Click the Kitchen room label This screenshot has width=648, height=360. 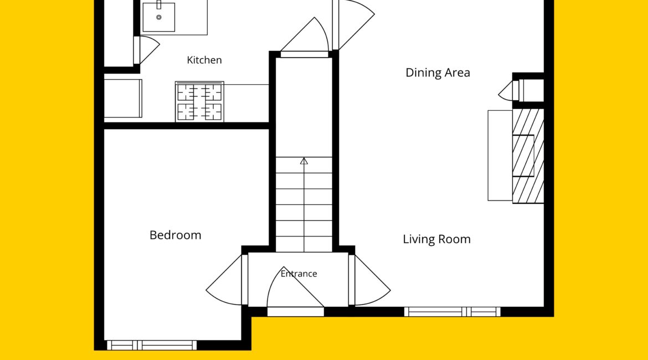pos(204,60)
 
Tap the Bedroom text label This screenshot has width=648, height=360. pos(175,235)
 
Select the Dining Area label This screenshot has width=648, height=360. pos(438,73)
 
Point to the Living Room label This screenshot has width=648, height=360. pos(437,239)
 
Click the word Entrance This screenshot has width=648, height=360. pos(299,274)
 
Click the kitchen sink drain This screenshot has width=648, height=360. pos(159,17)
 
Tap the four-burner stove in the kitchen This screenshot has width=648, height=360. pos(199,102)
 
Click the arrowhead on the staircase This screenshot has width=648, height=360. pos(304,161)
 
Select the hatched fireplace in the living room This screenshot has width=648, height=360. pos(528,156)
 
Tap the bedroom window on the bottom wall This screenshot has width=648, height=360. pos(152,345)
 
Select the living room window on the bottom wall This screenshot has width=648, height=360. pos(452,312)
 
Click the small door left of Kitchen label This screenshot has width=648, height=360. pos(147,50)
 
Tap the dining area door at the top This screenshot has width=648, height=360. pos(353,25)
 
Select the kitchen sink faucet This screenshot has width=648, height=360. pos(159,4)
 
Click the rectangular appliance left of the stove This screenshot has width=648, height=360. pos(123,99)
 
